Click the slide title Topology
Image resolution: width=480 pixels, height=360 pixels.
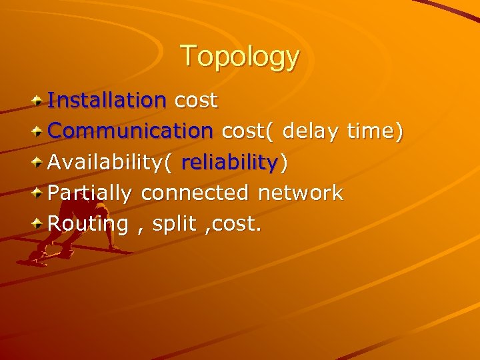(239, 56)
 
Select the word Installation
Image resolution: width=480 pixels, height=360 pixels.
(107, 101)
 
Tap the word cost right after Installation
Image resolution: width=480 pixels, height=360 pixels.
(195, 101)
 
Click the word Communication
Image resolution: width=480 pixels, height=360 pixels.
(130, 131)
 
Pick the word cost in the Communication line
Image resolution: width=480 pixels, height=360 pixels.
(247, 131)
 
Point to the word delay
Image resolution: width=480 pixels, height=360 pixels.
(311, 131)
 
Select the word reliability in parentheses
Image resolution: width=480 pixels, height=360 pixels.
(229, 162)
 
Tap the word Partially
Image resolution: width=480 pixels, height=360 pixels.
(91, 193)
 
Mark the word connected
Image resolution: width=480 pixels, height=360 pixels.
(195, 193)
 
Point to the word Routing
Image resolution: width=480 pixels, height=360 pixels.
(88, 224)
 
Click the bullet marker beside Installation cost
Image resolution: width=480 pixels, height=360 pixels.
(39, 101)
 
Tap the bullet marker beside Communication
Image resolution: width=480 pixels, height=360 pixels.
(39, 131)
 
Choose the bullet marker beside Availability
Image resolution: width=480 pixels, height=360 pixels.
(39, 162)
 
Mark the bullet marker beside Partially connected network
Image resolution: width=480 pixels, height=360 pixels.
(39, 193)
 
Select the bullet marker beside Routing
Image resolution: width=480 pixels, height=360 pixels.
(39, 224)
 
